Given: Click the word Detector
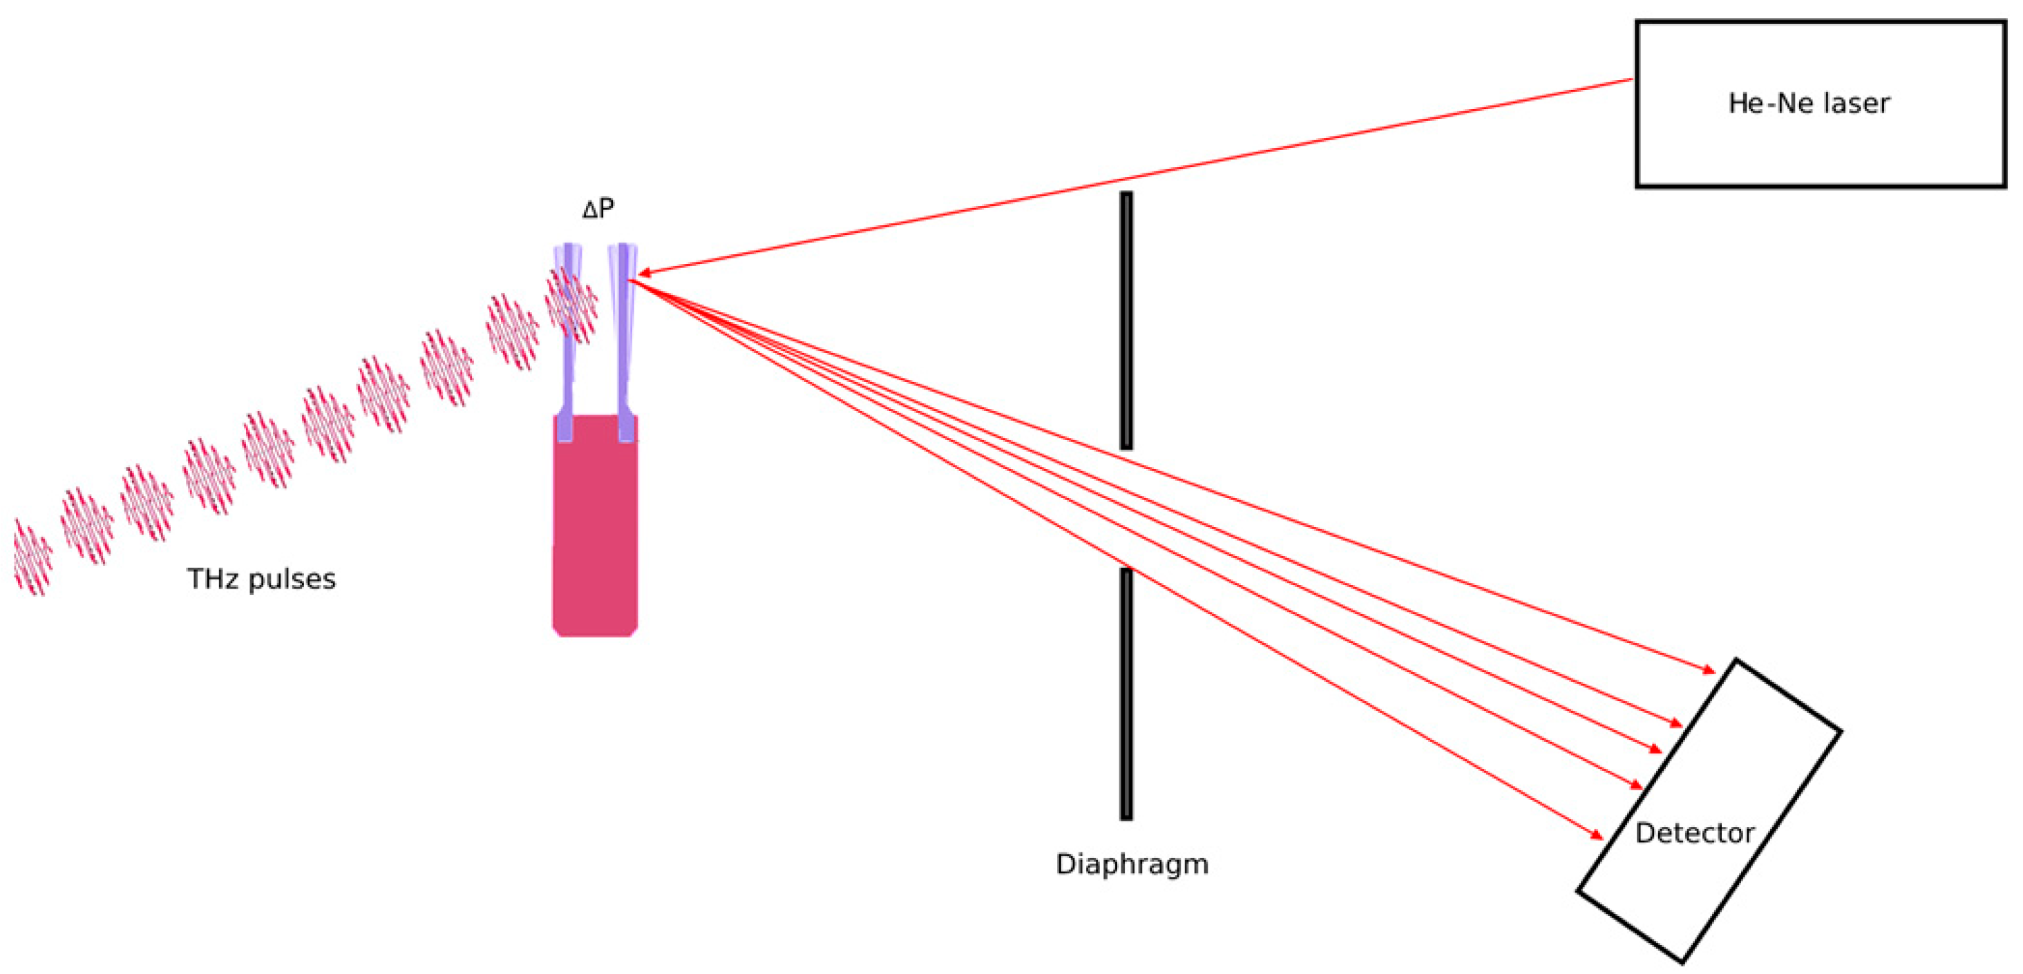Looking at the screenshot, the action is [x=1694, y=832].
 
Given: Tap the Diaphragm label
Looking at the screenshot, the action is [x=1132, y=864].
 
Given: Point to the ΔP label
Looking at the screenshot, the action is [x=598, y=208].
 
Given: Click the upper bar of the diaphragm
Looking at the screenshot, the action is [x=1126, y=321].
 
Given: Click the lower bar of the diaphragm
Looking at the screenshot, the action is [x=1126, y=693].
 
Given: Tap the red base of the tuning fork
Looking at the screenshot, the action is [x=594, y=534].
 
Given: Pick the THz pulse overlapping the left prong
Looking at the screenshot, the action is [x=571, y=305].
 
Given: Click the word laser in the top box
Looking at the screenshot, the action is [x=1856, y=104].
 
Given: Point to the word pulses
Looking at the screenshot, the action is [x=292, y=579].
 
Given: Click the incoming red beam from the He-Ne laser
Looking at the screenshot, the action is [x=1139, y=176].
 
